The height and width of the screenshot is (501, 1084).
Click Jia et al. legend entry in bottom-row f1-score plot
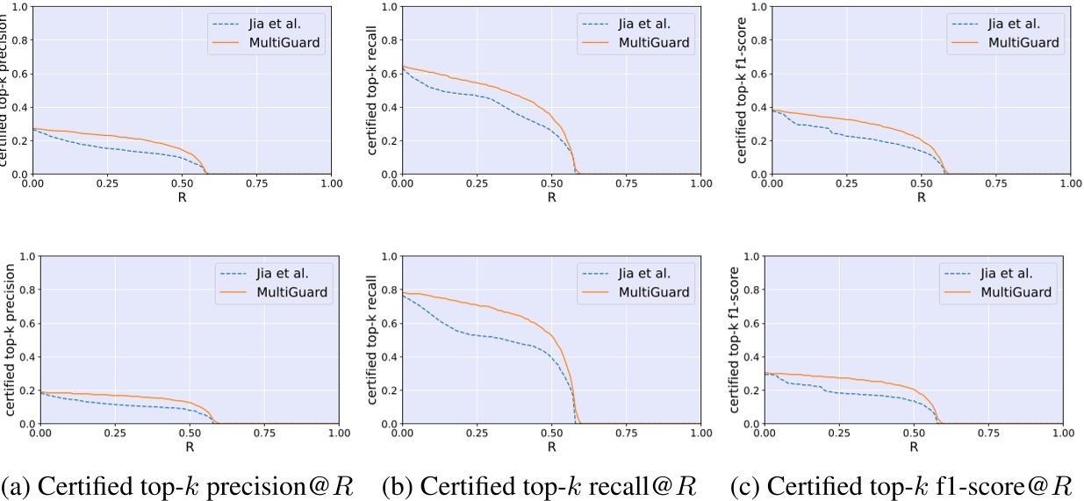point(1013,272)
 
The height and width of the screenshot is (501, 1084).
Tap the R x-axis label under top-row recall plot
point(551,197)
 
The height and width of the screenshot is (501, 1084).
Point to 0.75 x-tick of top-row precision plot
point(257,185)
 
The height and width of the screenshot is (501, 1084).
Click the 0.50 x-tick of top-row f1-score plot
point(921,185)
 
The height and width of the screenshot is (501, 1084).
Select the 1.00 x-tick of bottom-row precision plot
point(332,434)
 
